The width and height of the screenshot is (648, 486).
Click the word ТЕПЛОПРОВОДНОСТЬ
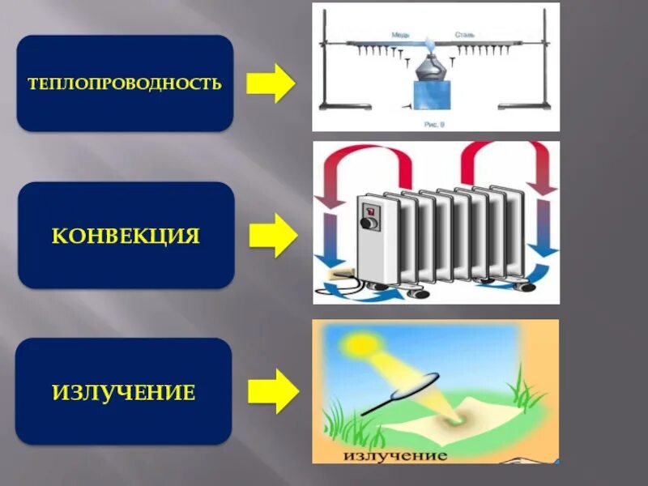coord(125,83)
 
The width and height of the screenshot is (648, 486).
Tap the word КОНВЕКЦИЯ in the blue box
coord(126,236)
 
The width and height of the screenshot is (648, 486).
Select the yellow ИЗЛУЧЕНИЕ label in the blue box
coord(124,393)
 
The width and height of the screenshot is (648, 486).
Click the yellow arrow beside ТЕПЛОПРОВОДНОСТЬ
coord(271,83)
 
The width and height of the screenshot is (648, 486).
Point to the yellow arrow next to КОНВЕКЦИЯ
coord(272,236)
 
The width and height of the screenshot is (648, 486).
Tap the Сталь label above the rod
coord(464,36)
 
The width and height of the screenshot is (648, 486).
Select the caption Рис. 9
coord(435,124)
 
